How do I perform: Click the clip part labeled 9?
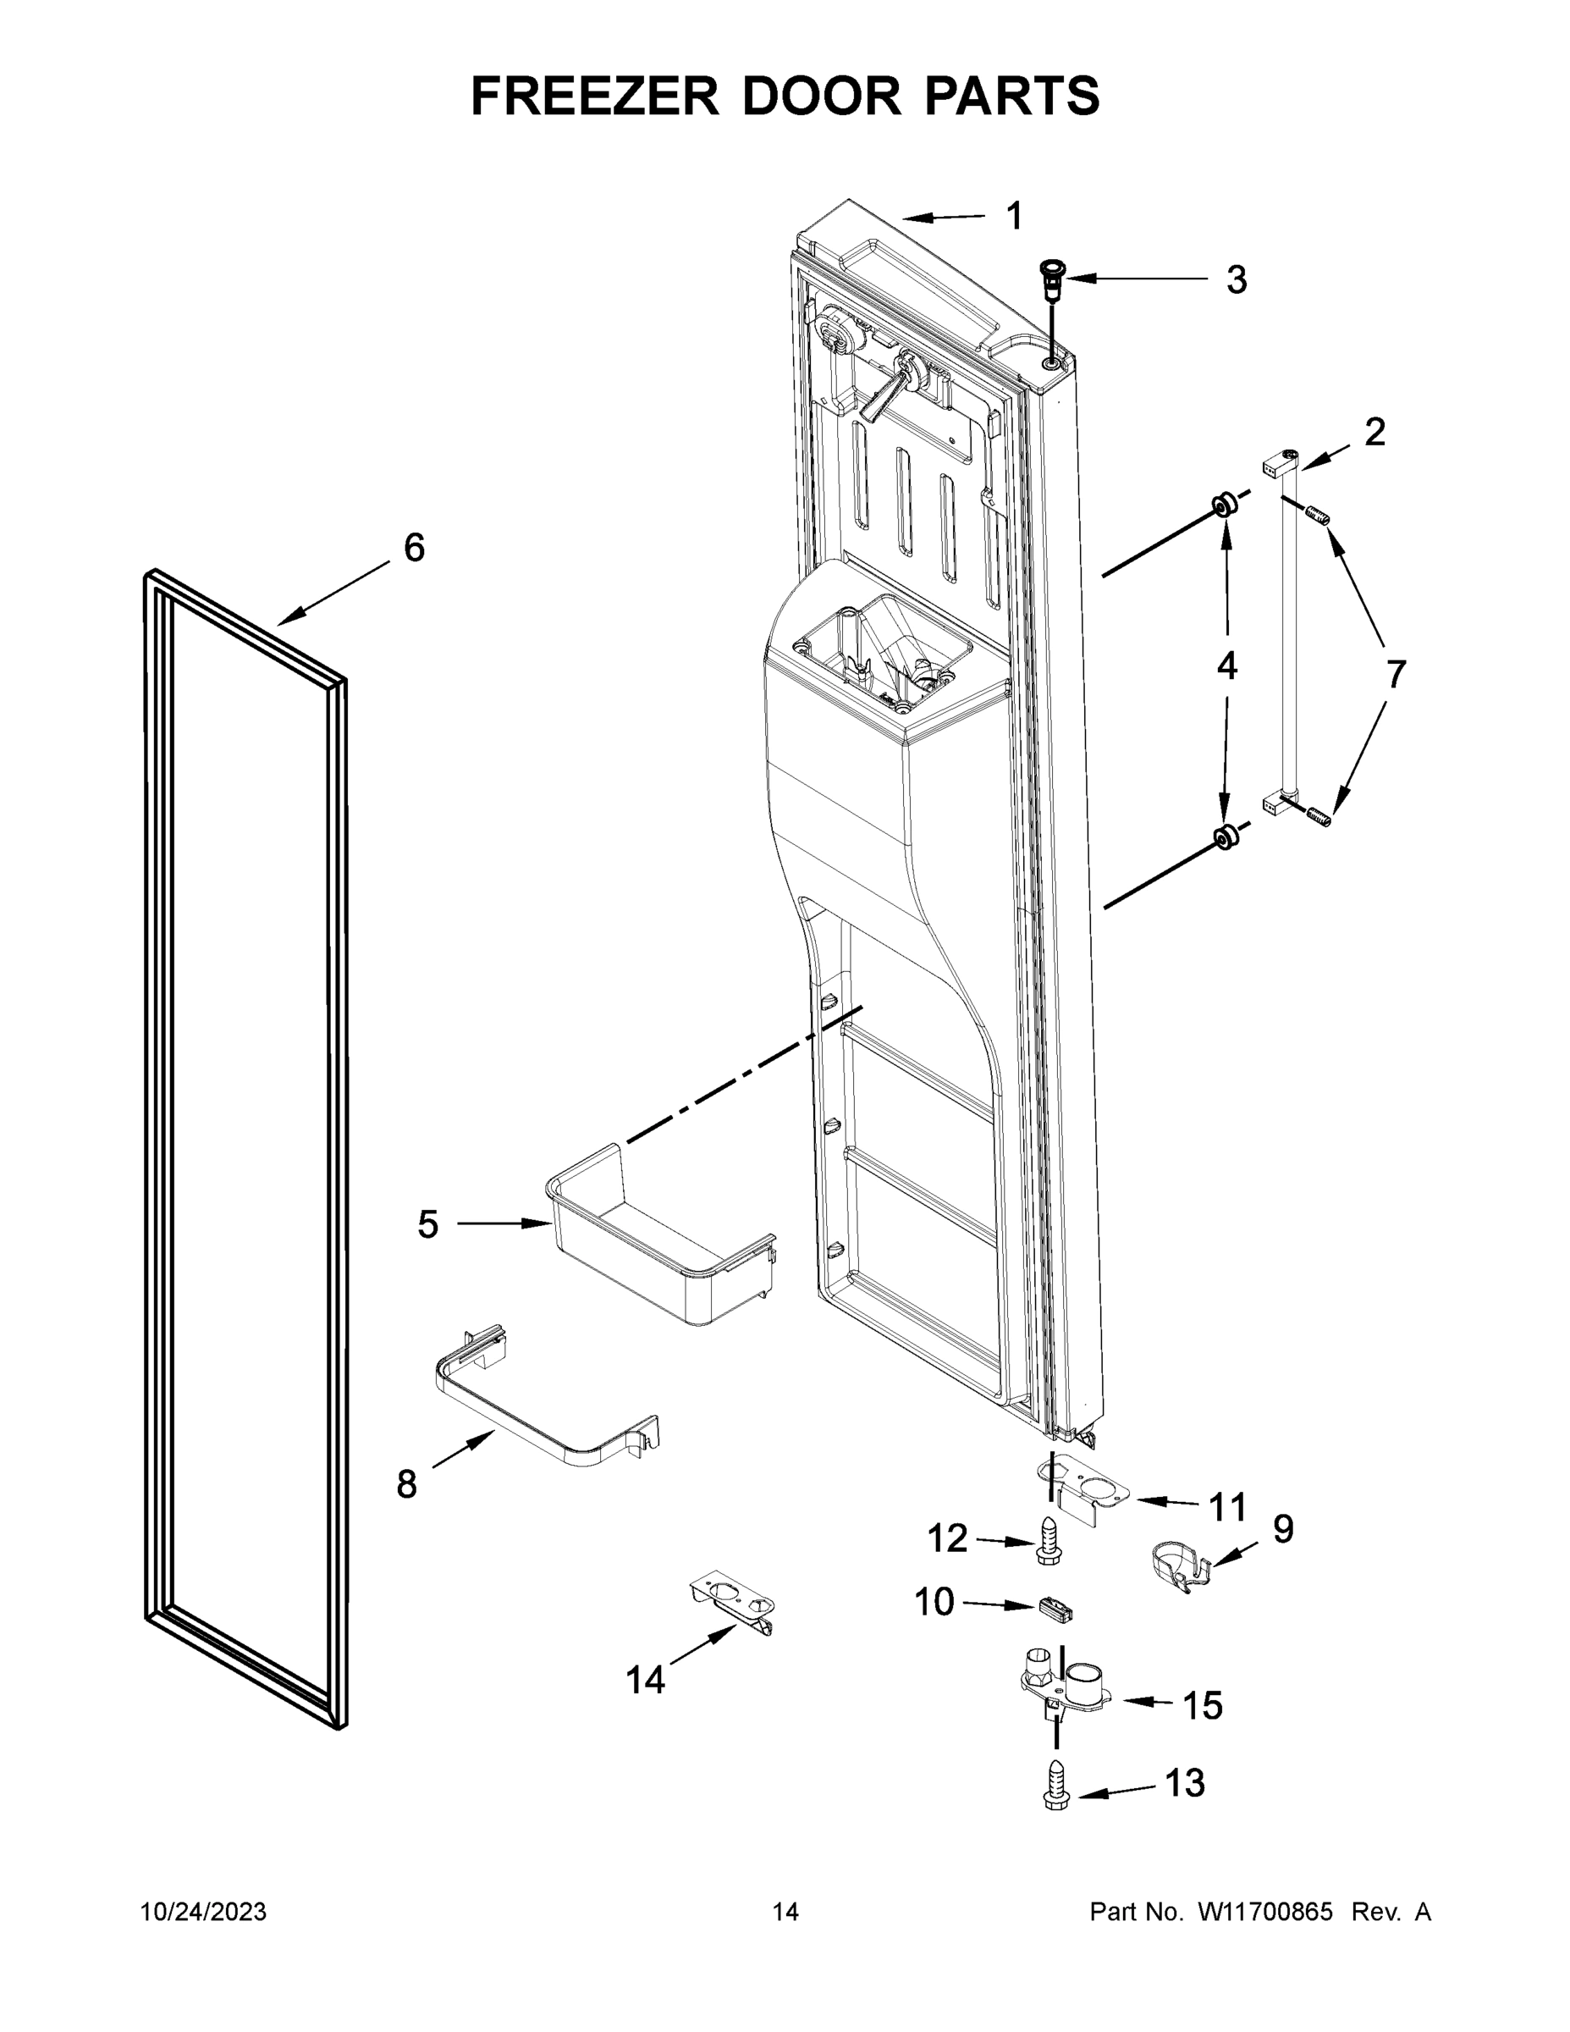1178,1565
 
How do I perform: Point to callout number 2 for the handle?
1374,432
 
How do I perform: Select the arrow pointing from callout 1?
942,218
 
